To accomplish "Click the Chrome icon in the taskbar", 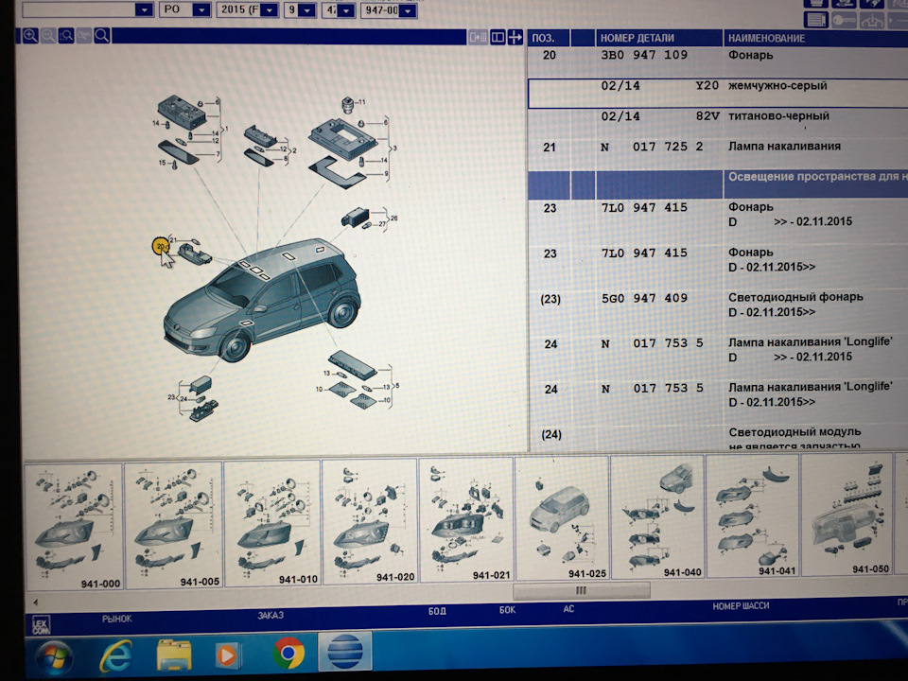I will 288,654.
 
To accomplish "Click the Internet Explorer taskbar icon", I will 114,654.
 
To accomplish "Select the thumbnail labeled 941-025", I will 563,523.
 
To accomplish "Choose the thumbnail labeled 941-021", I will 465,523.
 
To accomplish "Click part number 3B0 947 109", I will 644,56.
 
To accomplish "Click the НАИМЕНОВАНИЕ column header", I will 766,38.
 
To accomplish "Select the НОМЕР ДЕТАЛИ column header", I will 637,38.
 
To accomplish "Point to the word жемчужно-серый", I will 777,86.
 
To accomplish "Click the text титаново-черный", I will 778,116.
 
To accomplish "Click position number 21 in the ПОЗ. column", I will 550,147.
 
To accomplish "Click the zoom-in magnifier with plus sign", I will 29,36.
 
